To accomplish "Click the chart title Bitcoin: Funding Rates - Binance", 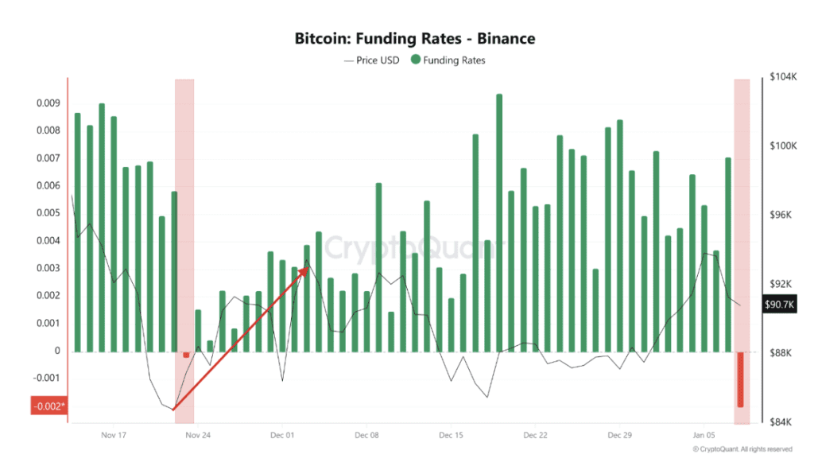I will pyautogui.click(x=414, y=38).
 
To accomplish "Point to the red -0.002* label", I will pyautogui.click(x=48, y=406).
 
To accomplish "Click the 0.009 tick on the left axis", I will pyautogui.click(x=49, y=103).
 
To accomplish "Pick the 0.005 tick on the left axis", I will pyautogui.click(x=49, y=213).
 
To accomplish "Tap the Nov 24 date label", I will pyautogui.click(x=198, y=435).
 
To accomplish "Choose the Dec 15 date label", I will pyautogui.click(x=451, y=435).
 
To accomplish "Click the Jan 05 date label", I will pyautogui.click(x=704, y=435).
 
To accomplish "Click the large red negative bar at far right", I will pyautogui.click(x=740, y=379).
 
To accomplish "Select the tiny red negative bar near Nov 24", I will pyautogui.click(x=186, y=355).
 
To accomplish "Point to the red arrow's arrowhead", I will pyautogui.click(x=306, y=270).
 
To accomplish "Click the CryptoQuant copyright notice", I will pyautogui.click(x=742, y=449).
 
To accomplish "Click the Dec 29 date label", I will pyautogui.click(x=619, y=435).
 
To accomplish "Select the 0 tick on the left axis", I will pyautogui.click(x=57, y=351).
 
